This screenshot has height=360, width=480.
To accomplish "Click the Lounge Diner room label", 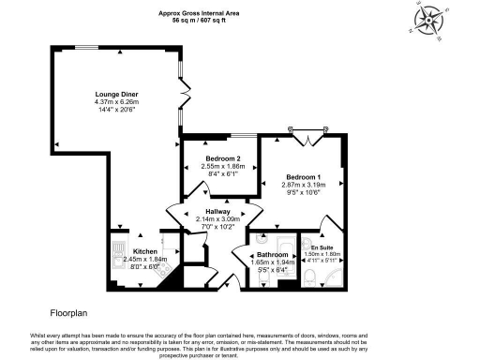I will pyautogui.click(x=117, y=95).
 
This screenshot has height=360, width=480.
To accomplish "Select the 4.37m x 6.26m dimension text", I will pyautogui.click(x=117, y=102).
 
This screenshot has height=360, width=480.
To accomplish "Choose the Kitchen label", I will pyautogui.click(x=143, y=251).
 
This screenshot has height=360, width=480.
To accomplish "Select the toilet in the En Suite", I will pyautogui.click(x=310, y=276).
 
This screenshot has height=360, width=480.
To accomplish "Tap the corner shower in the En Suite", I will pyautogui.click(x=340, y=274).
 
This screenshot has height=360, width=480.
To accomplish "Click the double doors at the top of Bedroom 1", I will pyautogui.click(x=307, y=137).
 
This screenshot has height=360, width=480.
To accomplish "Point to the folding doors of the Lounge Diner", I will pyautogui.click(x=187, y=97).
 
